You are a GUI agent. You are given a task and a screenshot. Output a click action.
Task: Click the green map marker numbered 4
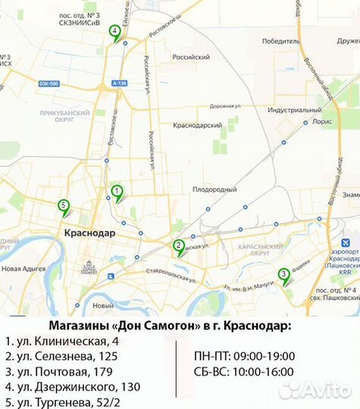pyautogui.click(x=114, y=33)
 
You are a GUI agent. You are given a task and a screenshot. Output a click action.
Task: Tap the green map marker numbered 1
pyautogui.click(x=117, y=192)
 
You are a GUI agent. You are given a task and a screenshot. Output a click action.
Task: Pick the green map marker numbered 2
pyautogui.click(x=178, y=245)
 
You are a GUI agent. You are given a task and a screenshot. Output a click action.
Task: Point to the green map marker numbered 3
pyautogui.click(x=283, y=275)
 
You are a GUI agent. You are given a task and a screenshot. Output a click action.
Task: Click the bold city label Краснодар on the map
pyautogui.click(x=89, y=233)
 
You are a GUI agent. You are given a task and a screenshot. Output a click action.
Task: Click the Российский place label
pyautogui.click(x=191, y=57)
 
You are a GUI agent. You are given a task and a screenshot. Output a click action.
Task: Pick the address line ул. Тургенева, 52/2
pyautogui.click(x=62, y=401)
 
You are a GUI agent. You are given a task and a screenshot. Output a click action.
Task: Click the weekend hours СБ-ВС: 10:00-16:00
pyautogui.click(x=244, y=373)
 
